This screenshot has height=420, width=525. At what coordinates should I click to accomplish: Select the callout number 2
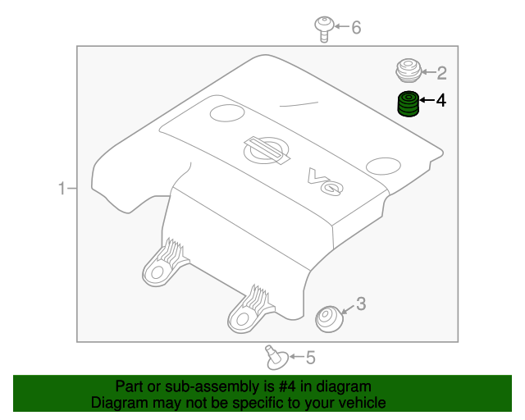coord(441,73)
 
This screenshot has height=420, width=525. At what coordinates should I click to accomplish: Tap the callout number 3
coord(361,304)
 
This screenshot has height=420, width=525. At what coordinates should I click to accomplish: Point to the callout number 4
coord(441,101)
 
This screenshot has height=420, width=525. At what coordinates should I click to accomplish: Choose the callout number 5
coord(310,357)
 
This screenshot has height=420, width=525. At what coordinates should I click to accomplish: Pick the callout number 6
coord(356,28)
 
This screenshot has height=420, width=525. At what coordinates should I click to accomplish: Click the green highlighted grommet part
coord(408,105)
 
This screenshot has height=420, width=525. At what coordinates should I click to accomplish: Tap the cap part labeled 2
coord(408,71)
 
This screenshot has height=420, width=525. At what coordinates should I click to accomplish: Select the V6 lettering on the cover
coord(324,181)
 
